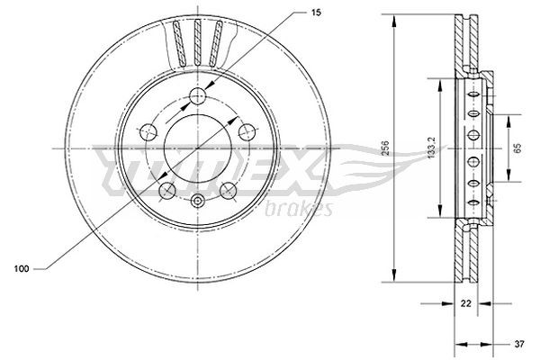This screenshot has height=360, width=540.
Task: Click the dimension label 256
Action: tap(383, 148)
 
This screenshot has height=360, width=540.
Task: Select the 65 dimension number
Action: tap(516, 148)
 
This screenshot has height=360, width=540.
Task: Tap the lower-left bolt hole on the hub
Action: tap(165, 190)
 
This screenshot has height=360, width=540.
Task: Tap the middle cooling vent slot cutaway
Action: tap(196, 40)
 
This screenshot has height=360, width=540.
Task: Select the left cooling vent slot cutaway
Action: tap(177, 43)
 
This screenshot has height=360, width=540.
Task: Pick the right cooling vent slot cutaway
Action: tap(216, 43)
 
